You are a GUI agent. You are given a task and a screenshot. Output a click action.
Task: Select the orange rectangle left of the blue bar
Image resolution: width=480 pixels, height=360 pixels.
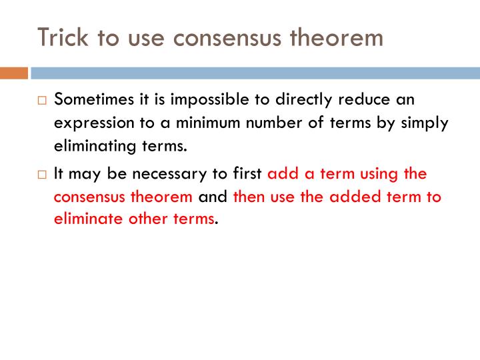point(13,73)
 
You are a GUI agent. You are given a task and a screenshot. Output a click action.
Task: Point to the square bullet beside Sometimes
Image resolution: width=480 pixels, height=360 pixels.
point(42,101)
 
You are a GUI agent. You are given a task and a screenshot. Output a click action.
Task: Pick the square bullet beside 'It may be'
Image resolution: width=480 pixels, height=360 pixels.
point(42,175)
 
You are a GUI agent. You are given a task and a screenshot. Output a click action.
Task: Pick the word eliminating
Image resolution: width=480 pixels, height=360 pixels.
point(91,146)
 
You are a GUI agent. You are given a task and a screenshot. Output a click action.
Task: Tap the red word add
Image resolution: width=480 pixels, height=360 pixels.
point(280,174)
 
